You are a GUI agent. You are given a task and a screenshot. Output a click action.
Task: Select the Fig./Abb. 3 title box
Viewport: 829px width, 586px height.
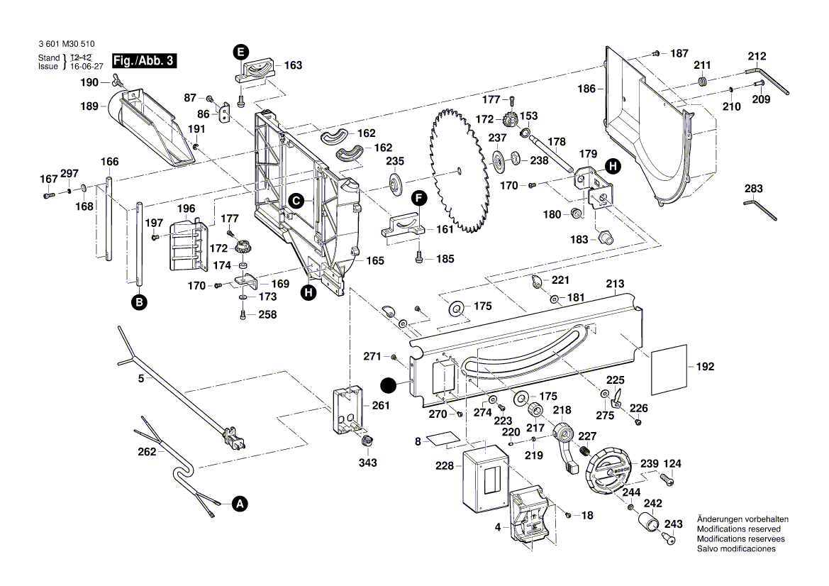coord(144,62)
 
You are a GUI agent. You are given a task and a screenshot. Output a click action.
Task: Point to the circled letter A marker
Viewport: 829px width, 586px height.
coord(240,504)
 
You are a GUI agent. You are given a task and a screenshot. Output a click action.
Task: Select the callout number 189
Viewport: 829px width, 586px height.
coord(88,106)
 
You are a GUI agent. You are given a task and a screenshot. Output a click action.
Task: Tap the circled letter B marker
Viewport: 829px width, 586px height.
coord(140,303)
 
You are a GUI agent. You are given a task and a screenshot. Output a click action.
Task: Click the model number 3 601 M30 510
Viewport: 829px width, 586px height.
coord(66,44)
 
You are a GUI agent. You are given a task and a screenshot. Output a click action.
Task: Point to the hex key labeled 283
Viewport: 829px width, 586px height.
coord(761,209)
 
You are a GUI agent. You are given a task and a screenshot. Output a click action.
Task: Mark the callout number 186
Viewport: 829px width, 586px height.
coord(586,89)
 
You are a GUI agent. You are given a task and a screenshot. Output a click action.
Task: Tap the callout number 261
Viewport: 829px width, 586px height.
coord(381,406)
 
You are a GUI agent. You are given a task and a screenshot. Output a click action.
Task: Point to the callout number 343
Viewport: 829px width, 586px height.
coord(367,463)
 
